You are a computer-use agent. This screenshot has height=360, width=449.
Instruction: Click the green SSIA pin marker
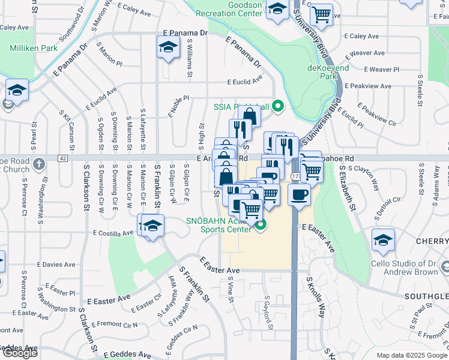coord(277,107)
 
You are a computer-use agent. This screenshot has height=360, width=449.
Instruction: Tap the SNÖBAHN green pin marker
coord(261,225)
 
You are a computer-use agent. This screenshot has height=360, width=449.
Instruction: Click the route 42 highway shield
coord(62,158)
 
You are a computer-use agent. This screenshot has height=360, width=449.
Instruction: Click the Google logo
coord(20,353)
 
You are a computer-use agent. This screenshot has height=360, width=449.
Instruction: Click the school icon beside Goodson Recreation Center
coord(277,8)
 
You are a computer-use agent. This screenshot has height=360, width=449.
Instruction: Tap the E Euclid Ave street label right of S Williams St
coord(244,82)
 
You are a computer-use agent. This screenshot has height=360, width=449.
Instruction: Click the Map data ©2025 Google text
coord(412,355)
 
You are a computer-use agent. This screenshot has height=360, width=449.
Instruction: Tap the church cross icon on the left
coord(39,163)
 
